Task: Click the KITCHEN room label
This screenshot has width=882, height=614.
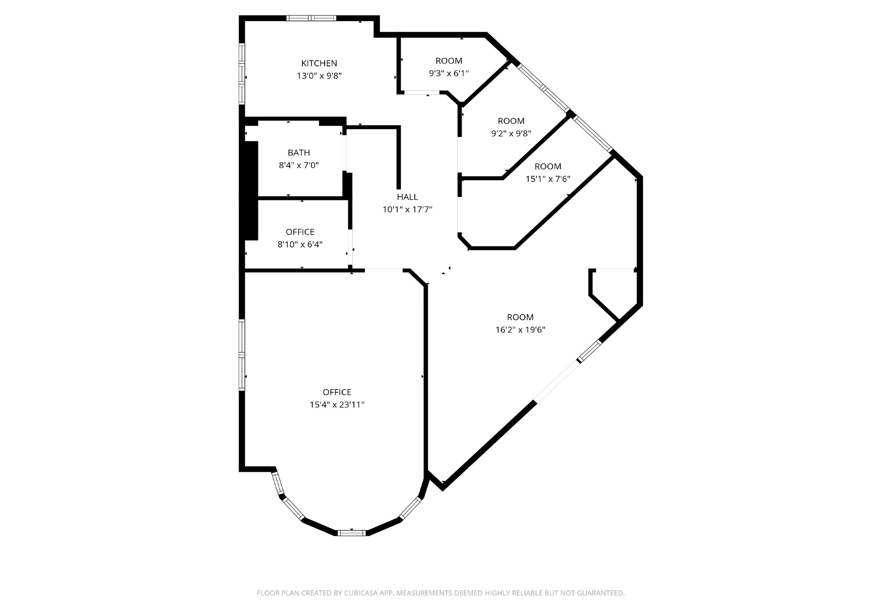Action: pyautogui.click(x=319, y=63)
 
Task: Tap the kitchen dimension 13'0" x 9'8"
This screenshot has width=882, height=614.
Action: pyautogui.click(x=319, y=76)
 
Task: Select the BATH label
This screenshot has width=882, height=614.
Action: pyautogui.click(x=299, y=153)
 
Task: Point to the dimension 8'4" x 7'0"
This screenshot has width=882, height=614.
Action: pyautogui.click(x=299, y=165)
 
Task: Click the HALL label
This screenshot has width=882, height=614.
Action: pyautogui.click(x=407, y=197)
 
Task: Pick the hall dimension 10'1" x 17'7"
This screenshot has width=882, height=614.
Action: pyautogui.click(x=407, y=209)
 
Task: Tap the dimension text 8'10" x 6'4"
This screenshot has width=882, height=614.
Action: pyautogui.click(x=300, y=244)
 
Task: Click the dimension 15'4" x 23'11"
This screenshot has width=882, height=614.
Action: pyautogui.click(x=337, y=405)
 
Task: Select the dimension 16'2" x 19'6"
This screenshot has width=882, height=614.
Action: pyautogui.click(x=520, y=330)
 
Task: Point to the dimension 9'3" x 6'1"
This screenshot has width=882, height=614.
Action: pyautogui.click(x=449, y=73)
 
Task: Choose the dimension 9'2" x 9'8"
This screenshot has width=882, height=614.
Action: pyautogui.click(x=511, y=134)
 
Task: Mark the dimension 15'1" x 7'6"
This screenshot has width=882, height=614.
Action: pyautogui.click(x=548, y=179)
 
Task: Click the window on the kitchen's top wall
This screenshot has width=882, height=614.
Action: pyautogui.click(x=311, y=18)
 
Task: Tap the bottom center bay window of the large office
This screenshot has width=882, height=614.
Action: pyautogui.click(x=351, y=533)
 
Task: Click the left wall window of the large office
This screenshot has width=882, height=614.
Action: pyautogui.click(x=242, y=355)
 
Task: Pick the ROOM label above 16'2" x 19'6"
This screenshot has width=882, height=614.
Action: pyautogui.click(x=520, y=317)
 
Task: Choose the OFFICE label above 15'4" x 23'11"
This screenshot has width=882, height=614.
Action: pyautogui.click(x=337, y=392)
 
